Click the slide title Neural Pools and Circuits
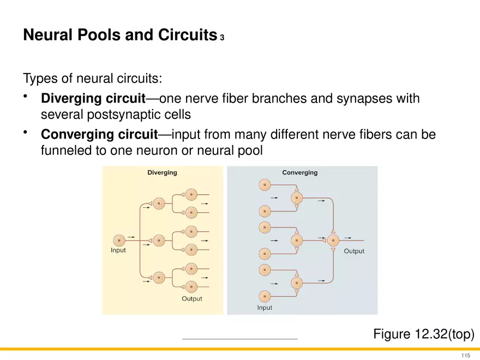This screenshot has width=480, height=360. [120, 36]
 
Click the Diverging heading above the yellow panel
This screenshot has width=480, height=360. [162, 172]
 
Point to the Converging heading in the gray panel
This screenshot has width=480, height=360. [299, 172]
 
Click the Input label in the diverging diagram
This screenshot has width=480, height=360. [118, 251]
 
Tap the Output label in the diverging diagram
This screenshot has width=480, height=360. [191, 298]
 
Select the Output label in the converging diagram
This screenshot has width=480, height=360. [353, 251]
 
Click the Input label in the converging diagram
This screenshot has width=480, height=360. [265, 308]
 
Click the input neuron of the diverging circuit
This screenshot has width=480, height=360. [119, 239]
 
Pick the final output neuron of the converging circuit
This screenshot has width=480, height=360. [333, 239]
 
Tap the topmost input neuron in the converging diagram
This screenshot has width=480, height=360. [265, 185]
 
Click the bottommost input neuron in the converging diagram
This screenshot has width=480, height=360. [265, 296]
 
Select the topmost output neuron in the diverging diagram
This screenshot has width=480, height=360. [191, 194]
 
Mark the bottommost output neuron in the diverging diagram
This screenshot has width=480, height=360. [191, 286]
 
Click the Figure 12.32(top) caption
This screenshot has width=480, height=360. [423, 333]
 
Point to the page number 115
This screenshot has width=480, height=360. [465, 356]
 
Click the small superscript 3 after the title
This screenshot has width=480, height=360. [222, 39]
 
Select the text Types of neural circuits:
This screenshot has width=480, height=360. [93, 79]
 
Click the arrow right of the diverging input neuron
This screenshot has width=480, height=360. [131, 238]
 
